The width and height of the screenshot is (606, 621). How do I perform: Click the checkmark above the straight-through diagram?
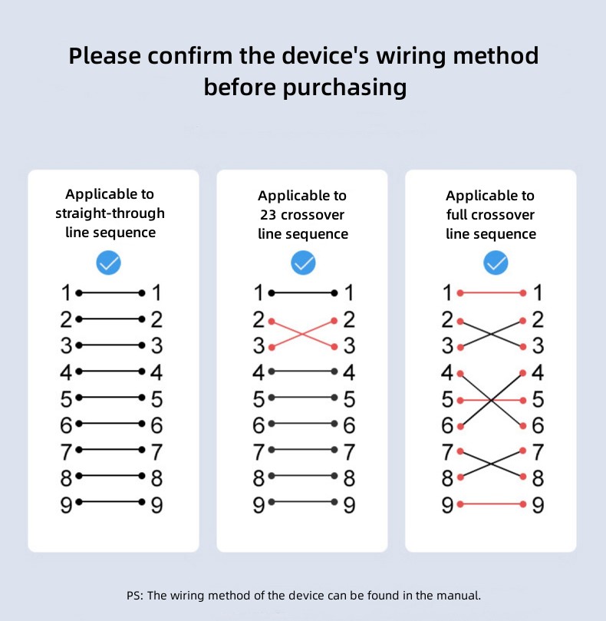(109, 263)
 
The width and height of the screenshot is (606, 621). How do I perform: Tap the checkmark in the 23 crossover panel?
(304, 263)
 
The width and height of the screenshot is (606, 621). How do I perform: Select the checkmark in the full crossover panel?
(496, 263)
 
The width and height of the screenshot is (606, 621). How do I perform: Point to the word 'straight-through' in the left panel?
(110, 213)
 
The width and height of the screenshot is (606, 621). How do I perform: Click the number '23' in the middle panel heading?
(268, 215)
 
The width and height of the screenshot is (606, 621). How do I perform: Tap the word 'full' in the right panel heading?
(459, 215)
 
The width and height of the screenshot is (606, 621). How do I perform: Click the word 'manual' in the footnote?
(462, 595)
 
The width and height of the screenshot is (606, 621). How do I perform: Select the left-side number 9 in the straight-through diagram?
(66, 504)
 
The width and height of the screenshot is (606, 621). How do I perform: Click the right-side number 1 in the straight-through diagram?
(156, 292)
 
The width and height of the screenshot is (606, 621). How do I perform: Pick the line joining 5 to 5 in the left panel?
(110, 398)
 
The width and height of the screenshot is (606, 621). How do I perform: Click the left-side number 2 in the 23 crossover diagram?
(259, 319)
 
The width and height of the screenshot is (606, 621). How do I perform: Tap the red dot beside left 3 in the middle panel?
(272, 347)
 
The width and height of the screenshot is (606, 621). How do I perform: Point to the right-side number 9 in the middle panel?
(349, 504)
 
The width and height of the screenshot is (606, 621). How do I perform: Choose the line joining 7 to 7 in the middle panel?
(304, 451)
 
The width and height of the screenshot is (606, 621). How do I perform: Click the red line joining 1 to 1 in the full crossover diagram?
(491, 292)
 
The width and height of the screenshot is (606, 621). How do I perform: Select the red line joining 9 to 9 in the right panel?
(491, 504)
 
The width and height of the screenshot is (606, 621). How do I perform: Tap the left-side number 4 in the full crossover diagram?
(447, 373)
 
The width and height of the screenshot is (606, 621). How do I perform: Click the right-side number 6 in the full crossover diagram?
(538, 425)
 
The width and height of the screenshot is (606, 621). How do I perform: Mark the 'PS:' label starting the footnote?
(134, 595)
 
